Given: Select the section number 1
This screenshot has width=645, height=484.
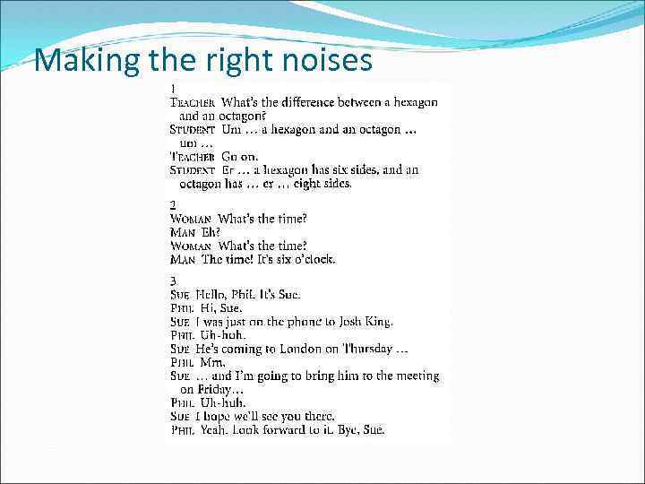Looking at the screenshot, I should click(x=173, y=89).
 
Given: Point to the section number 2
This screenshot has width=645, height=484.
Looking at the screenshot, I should click(x=173, y=205).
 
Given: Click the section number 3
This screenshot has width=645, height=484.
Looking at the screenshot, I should click(x=173, y=281).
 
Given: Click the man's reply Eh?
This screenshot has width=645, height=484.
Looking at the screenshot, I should click(x=211, y=232).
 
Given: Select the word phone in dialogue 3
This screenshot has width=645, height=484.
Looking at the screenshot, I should click(x=288, y=321).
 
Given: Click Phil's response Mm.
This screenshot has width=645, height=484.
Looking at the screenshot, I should click(x=212, y=362).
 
